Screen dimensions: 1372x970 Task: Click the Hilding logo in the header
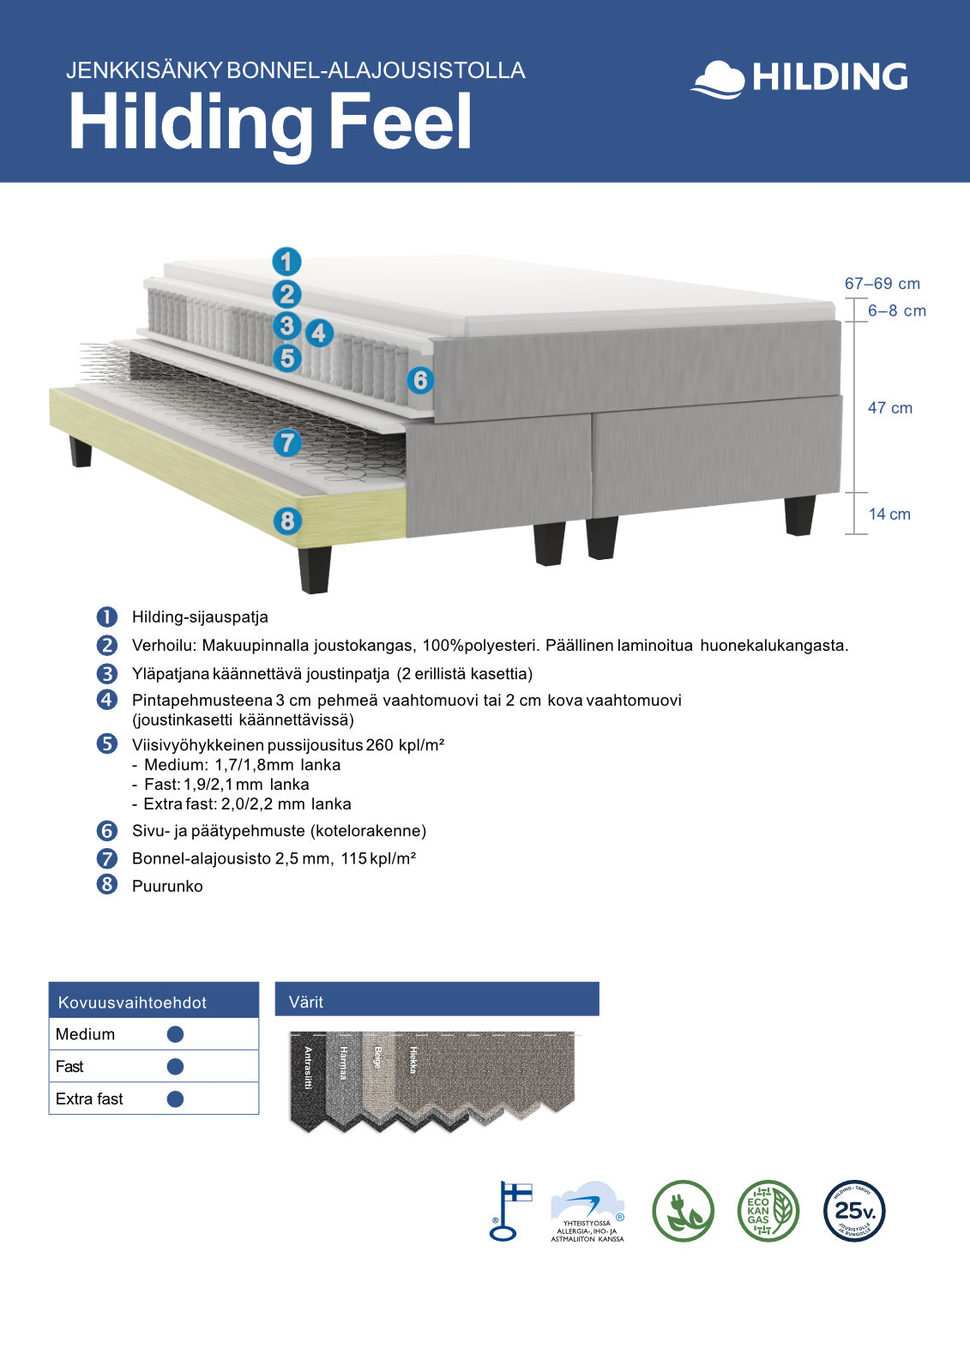click(x=799, y=78)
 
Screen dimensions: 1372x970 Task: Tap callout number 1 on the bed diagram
click(x=286, y=262)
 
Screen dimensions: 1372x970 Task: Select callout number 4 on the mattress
click(x=319, y=333)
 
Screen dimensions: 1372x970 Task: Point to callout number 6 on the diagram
click(x=419, y=380)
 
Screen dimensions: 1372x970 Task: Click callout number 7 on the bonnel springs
click(x=287, y=443)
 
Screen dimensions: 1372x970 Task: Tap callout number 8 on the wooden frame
click(x=287, y=520)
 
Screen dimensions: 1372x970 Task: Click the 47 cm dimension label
click(x=889, y=408)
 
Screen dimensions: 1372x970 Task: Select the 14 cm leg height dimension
click(x=889, y=514)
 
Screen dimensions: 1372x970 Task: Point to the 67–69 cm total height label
click(x=882, y=284)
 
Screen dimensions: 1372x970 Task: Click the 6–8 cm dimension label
click(x=896, y=311)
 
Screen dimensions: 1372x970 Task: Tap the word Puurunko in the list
click(x=167, y=887)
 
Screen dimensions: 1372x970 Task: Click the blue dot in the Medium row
click(x=175, y=1034)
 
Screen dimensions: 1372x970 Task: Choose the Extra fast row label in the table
click(x=89, y=1099)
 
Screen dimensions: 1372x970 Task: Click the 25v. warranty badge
click(x=854, y=1211)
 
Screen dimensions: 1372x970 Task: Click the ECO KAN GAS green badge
click(x=768, y=1211)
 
